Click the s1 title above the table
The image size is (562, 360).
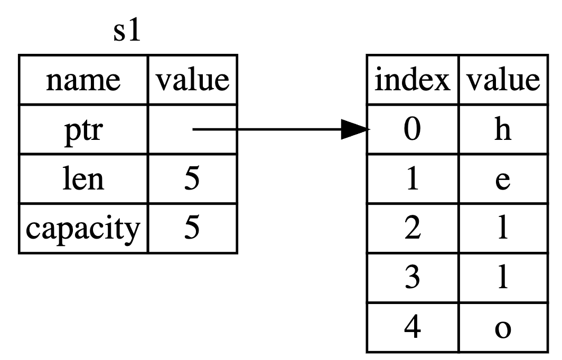point(127,33)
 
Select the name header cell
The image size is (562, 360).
point(83,80)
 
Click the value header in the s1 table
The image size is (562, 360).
point(192,80)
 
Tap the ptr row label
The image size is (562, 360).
point(83,130)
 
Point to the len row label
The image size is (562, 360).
point(83,179)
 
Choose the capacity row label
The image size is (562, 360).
point(83,229)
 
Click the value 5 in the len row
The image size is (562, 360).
point(192,179)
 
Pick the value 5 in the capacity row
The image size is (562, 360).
point(192,229)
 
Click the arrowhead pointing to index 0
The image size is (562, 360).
point(355,129)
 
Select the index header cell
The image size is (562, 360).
point(413,80)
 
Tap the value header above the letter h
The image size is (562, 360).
point(502,80)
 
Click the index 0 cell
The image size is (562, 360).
point(413,130)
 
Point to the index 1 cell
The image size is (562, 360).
point(413,179)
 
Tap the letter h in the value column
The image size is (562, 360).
point(502,130)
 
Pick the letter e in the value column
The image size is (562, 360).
point(502,179)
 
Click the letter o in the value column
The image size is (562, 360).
point(502,328)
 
